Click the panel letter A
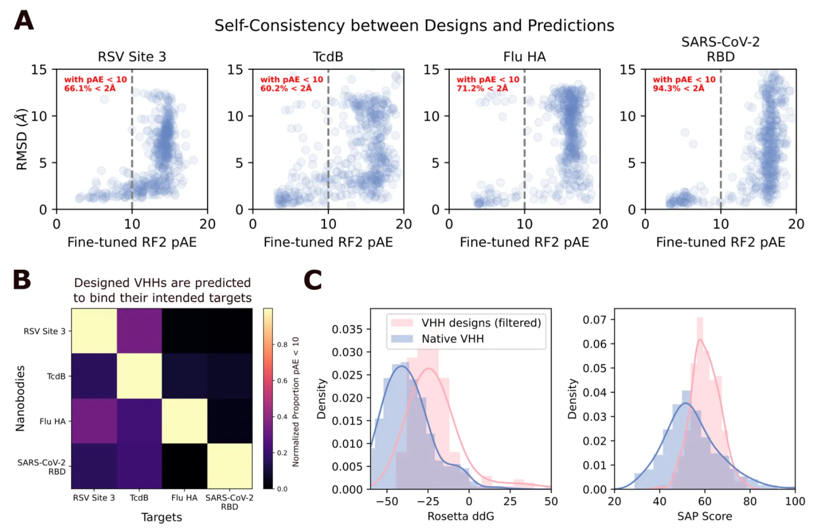point(24,21)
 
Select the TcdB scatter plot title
point(328,56)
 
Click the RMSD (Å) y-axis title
point(22,139)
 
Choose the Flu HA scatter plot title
point(524,56)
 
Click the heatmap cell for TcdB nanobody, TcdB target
point(140,376)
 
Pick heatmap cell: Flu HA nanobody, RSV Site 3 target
point(94,421)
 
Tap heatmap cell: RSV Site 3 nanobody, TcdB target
point(140,331)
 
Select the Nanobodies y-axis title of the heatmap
point(20,398)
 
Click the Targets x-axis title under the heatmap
point(162,517)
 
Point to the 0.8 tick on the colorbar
point(282,345)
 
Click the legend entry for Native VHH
point(452,339)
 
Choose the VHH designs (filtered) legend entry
point(481,323)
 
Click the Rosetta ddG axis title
point(460,516)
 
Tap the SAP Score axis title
point(704,516)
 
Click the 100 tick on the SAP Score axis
point(795,501)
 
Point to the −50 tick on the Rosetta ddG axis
point(386,501)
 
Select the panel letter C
point(313,280)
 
